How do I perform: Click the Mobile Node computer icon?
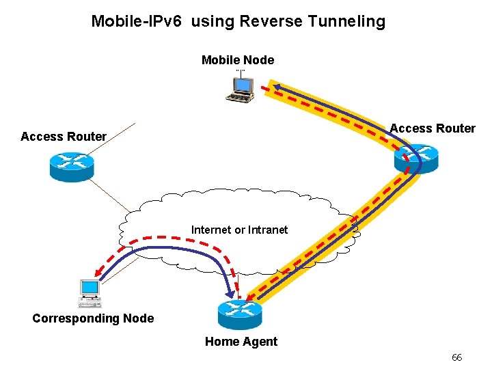240,88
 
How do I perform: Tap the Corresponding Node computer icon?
90,292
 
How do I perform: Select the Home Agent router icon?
240,314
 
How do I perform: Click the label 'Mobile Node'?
238,60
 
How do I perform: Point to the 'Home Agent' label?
241,342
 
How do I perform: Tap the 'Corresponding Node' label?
93,318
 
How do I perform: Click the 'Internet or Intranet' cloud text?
239,230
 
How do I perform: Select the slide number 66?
456,358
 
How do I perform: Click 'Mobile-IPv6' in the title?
137,21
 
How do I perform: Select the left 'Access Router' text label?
64,137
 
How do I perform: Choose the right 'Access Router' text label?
433,128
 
